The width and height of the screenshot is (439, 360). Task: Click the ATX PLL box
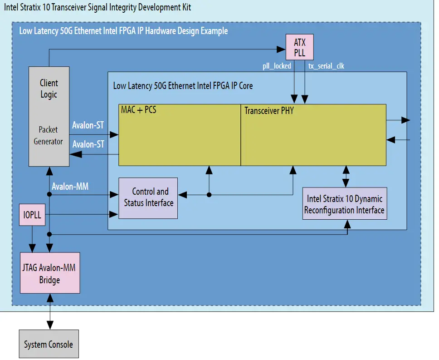299,48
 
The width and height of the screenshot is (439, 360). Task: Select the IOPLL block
32,215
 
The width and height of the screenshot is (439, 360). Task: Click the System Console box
49,344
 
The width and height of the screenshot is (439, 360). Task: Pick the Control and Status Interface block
148,197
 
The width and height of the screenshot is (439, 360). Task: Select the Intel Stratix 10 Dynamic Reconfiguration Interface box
344,204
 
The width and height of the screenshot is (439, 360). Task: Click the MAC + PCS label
138,110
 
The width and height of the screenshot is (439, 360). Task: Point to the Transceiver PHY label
269,110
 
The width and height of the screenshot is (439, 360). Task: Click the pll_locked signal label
277,66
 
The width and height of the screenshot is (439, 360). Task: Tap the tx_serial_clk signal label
326,66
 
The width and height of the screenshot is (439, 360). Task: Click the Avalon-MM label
70,186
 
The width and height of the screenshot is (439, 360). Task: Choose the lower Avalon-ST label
89,144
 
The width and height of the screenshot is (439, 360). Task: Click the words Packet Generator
48,135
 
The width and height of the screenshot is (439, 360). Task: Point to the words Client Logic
49,89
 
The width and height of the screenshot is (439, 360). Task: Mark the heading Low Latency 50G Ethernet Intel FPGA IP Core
183,85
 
